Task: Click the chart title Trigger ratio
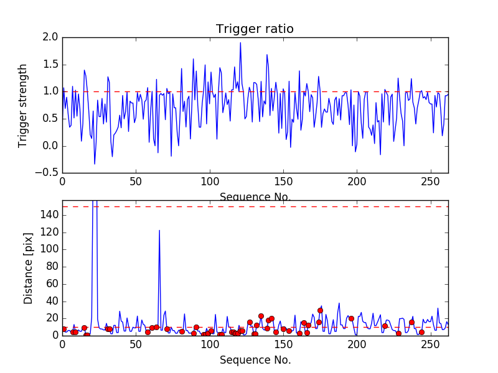255,29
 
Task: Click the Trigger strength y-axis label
23,105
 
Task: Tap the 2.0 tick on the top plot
51,37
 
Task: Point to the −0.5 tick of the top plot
47,173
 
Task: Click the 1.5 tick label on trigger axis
51,65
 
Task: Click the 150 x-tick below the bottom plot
283,345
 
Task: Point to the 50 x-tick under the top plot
136,182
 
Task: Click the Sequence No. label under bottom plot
255,360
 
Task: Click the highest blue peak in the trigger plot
240,42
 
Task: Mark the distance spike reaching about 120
159,231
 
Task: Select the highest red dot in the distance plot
320,310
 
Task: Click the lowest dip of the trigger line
95,163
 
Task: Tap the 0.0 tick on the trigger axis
51,146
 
